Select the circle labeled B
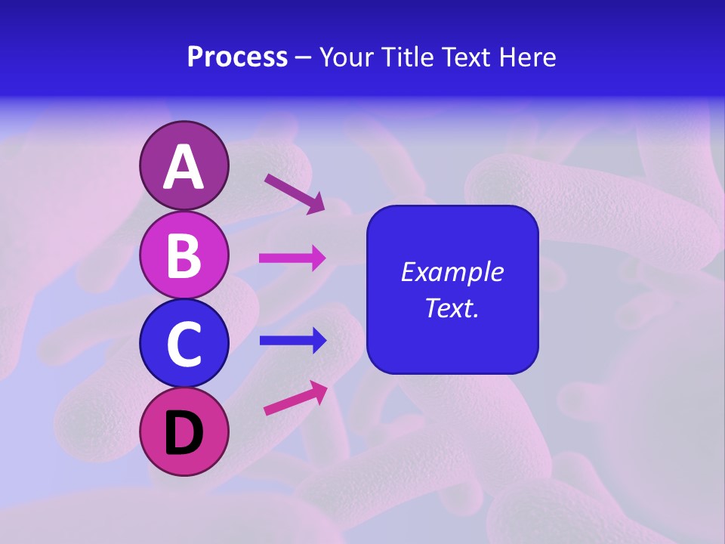click(184, 255)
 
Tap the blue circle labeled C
click(184, 344)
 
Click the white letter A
click(184, 168)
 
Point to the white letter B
click(184, 255)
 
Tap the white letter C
click(184, 344)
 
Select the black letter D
click(184, 433)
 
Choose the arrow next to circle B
click(293, 258)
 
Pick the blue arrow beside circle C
click(293, 341)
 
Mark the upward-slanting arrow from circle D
click(295, 398)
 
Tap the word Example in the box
click(452, 272)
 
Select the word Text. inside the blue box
click(452, 308)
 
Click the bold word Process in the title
click(237, 57)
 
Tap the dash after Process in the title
click(304, 58)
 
